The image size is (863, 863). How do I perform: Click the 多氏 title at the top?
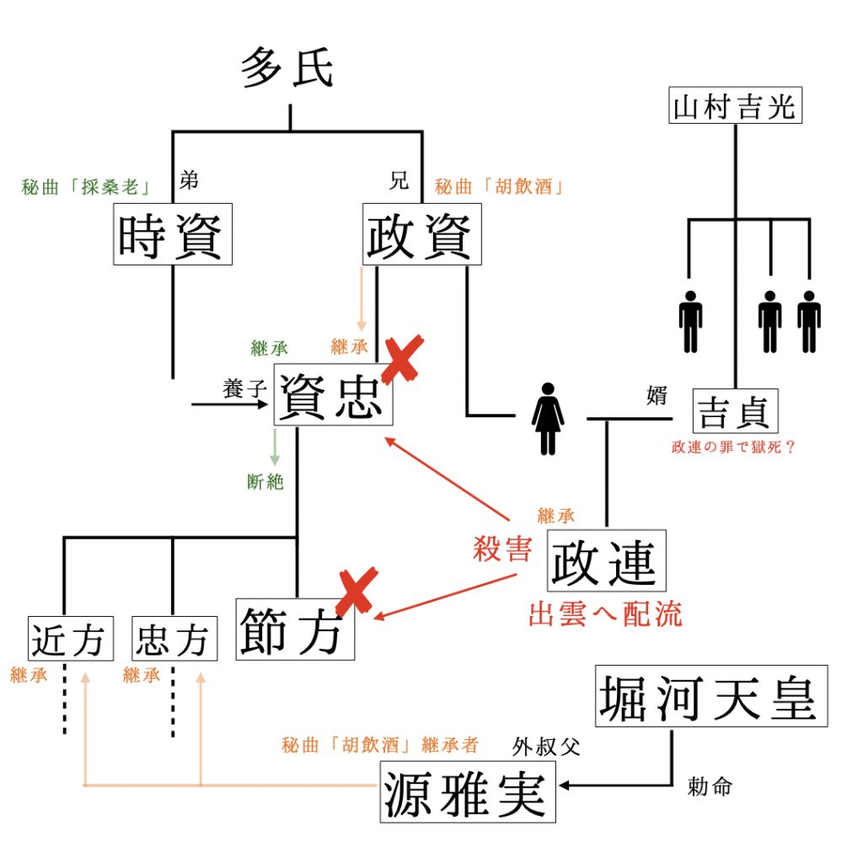[x=287, y=67]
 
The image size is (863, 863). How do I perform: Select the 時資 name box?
[x=173, y=234]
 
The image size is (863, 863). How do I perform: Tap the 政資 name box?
[x=422, y=234]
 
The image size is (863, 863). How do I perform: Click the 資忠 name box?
[x=334, y=394]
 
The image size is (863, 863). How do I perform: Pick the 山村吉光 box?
[x=735, y=105]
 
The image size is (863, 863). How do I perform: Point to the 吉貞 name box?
[x=735, y=411]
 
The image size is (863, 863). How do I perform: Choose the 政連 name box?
[x=607, y=560]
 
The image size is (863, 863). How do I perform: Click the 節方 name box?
[x=295, y=629]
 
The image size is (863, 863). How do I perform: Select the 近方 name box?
[x=71, y=639]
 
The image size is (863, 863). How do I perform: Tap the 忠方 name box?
[x=174, y=639]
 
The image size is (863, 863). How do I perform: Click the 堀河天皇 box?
[x=711, y=696]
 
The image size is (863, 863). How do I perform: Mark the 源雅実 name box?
[x=468, y=792]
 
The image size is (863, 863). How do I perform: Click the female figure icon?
[x=548, y=419]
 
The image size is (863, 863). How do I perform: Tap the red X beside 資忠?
[x=404, y=359]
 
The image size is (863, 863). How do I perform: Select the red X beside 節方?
[x=357, y=592]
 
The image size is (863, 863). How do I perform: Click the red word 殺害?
[x=502, y=549]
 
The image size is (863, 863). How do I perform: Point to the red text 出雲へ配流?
[x=605, y=614]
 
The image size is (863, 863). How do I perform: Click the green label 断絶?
[x=265, y=482]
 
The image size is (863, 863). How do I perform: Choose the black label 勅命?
[x=710, y=787]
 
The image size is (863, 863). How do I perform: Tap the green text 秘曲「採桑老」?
[x=86, y=187]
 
